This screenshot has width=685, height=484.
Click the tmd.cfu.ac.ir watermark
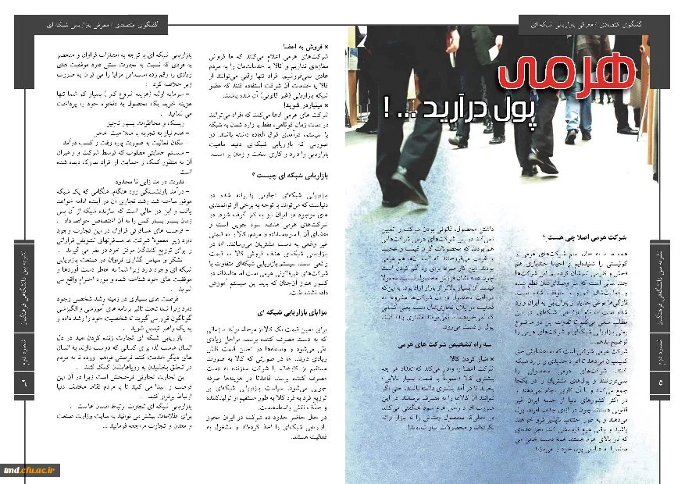(28, 468)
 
